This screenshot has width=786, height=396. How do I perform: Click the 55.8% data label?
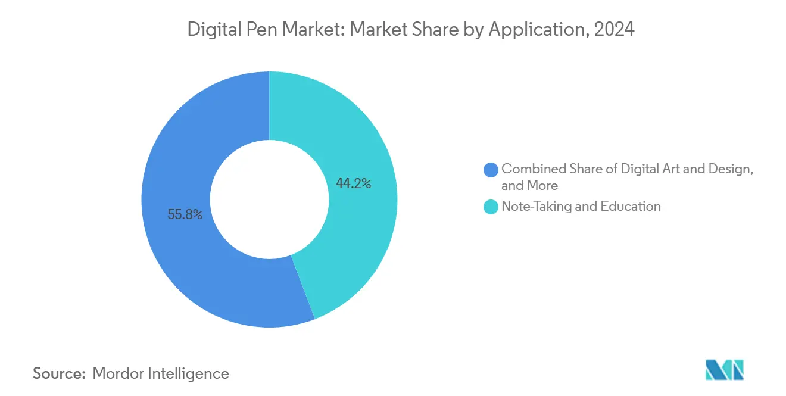point(185,215)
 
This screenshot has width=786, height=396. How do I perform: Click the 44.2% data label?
point(353,184)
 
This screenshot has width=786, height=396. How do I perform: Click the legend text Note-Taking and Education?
point(581,207)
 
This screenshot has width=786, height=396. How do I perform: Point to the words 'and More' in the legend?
point(529,185)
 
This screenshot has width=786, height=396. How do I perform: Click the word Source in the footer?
point(59,373)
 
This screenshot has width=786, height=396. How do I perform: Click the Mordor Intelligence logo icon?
point(724,370)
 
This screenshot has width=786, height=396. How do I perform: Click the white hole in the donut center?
point(269,199)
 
